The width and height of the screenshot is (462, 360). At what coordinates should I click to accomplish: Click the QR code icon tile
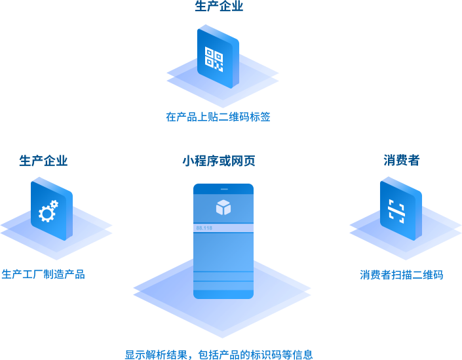point(217,57)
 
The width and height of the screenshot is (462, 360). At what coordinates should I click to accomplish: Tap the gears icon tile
point(50,210)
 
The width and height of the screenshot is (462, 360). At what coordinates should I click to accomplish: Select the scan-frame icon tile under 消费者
point(400,209)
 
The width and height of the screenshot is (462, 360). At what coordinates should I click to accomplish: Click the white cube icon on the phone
point(223,207)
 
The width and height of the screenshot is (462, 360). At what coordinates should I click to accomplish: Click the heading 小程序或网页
point(218,161)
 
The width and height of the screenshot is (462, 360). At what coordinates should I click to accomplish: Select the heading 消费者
point(401,160)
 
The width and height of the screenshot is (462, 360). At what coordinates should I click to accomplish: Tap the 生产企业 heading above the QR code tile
point(219,7)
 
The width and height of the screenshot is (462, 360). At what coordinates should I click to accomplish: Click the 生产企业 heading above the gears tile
point(43,161)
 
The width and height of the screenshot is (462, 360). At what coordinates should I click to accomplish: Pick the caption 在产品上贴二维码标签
point(218,117)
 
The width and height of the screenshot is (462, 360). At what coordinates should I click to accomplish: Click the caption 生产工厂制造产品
point(43,274)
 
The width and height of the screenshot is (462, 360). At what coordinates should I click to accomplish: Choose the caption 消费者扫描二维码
point(401,275)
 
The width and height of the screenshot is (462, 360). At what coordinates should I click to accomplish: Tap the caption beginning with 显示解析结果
point(219,355)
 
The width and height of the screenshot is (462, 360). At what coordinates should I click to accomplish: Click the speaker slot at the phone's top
point(223,189)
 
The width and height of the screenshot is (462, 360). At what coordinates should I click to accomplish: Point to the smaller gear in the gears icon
point(54,205)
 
